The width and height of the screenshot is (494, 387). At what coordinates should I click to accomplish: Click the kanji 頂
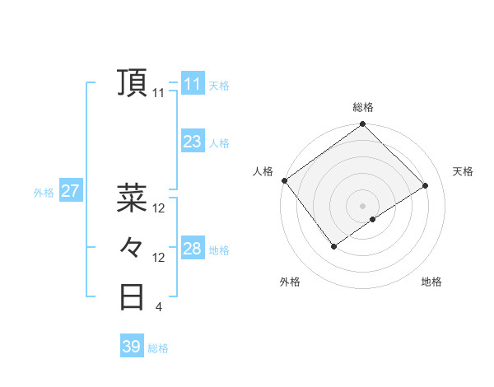(x=133, y=82)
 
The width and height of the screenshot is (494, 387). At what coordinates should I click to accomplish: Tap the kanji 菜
(x=133, y=197)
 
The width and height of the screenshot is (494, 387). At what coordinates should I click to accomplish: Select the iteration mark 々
(x=133, y=246)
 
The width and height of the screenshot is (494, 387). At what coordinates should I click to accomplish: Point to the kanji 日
(x=133, y=296)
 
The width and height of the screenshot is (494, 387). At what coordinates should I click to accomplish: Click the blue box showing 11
(x=192, y=84)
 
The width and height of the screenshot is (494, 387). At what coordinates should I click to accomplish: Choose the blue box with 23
(x=192, y=142)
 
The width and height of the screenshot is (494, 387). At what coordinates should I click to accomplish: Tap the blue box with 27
(x=70, y=192)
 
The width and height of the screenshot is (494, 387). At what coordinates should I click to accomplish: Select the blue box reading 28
(x=192, y=249)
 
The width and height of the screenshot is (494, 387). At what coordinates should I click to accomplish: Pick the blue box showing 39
(x=131, y=347)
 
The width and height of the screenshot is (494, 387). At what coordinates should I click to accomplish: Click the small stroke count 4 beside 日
(x=158, y=308)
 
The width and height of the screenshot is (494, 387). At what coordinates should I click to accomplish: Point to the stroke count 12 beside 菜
(x=159, y=209)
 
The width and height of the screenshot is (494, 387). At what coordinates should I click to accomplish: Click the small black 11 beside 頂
(x=159, y=94)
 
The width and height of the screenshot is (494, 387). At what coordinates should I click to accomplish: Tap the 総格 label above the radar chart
(x=363, y=107)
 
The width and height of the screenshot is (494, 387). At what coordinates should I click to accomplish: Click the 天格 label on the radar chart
(x=463, y=171)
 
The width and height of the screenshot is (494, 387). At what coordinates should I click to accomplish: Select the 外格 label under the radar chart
(x=290, y=282)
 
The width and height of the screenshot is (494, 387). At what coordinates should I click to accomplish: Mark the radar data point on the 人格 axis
(x=285, y=180)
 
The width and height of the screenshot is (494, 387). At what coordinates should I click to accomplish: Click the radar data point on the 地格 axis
(x=373, y=219)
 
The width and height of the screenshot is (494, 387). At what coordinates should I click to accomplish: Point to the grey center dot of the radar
(x=362, y=205)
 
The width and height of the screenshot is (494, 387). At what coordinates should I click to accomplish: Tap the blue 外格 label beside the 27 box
(x=44, y=193)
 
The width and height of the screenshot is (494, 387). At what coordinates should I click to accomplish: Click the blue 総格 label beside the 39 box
(x=158, y=348)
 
